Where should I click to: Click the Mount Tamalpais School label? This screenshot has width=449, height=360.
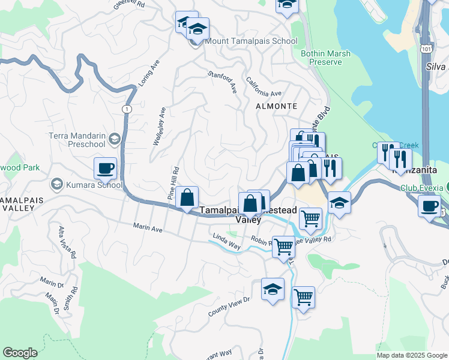tap(251, 41)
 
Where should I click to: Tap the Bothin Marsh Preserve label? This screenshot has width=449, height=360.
tap(325, 58)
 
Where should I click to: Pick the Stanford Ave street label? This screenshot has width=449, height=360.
tap(223, 82)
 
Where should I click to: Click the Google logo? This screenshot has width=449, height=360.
tap(20, 353)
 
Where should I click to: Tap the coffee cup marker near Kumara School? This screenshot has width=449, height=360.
tap(106, 169)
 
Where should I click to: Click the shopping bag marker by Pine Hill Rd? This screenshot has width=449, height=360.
tap(187, 196)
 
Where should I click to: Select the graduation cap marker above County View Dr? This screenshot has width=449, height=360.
tap(273, 290)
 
